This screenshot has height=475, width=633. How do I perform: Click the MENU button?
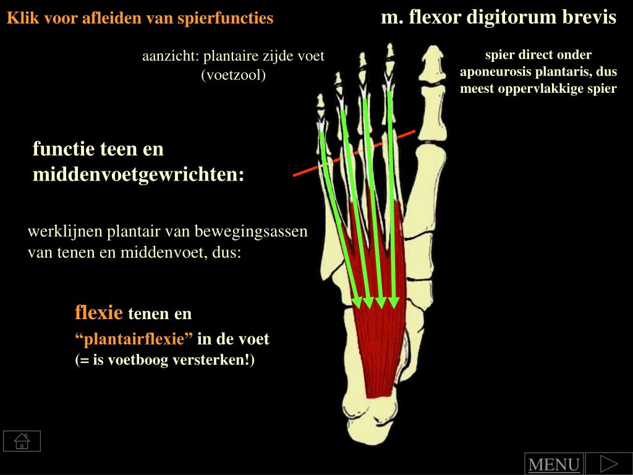(554, 464)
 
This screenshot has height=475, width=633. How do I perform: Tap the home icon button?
(22, 441)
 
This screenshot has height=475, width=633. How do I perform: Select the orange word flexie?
(99, 312)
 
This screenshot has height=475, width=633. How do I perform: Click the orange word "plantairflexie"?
(134, 339)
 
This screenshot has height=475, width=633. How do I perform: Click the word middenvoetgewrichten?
(138, 175)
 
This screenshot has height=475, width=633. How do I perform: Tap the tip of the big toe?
(430, 59)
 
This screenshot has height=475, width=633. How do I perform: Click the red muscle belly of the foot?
(377, 346)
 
